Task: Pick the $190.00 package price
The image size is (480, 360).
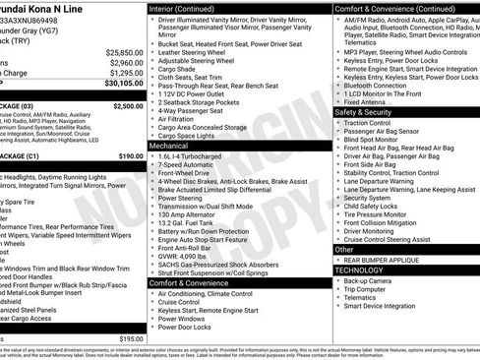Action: click(131, 155)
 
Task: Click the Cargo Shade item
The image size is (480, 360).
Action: click(178, 69)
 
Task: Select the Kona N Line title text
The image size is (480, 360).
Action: click(48, 8)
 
